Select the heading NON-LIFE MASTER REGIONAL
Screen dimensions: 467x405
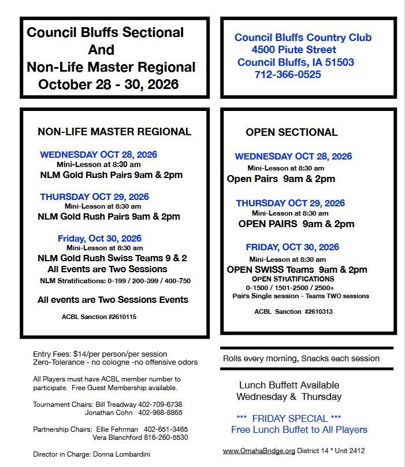coord(114,132)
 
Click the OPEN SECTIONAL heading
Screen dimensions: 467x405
coord(291,132)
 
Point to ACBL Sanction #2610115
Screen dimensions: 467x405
coord(99,317)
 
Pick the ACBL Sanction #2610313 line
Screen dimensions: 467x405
coord(293,312)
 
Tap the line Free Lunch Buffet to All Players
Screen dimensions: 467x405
coord(299,429)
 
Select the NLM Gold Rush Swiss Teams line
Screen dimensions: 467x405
coord(112,258)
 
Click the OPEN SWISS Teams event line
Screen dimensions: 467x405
coord(297,269)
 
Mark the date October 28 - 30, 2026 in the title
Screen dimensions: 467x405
coord(109,84)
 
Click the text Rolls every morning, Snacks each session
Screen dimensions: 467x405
coord(301,358)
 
